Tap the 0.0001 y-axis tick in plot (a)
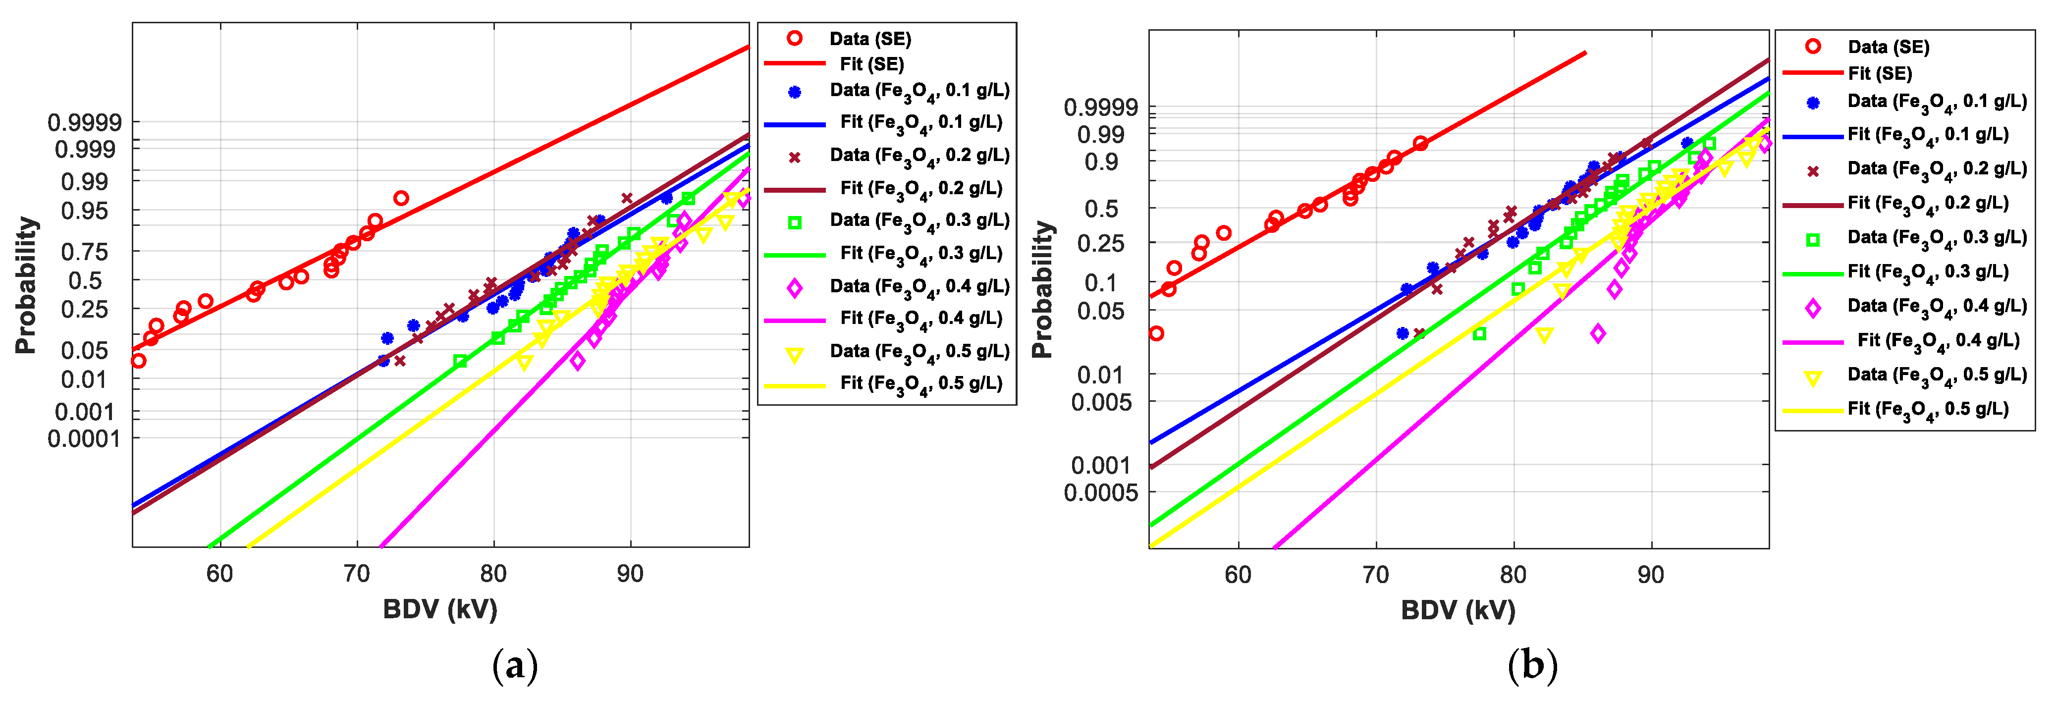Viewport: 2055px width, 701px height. (x=85, y=438)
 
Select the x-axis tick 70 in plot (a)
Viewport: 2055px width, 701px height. (x=357, y=573)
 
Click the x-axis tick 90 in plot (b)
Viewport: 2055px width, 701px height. (x=1651, y=574)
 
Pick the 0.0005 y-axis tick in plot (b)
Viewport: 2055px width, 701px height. (x=1101, y=492)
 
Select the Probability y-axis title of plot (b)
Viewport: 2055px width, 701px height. (x=1042, y=289)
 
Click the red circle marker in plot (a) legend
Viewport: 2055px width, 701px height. (x=795, y=38)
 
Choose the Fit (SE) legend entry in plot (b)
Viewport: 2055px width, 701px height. (x=1880, y=73)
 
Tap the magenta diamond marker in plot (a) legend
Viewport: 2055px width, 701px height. (x=795, y=287)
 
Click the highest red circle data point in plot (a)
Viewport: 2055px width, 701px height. (x=401, y=198)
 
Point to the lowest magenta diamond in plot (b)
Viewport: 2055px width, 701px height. (x=1598, y=333)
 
